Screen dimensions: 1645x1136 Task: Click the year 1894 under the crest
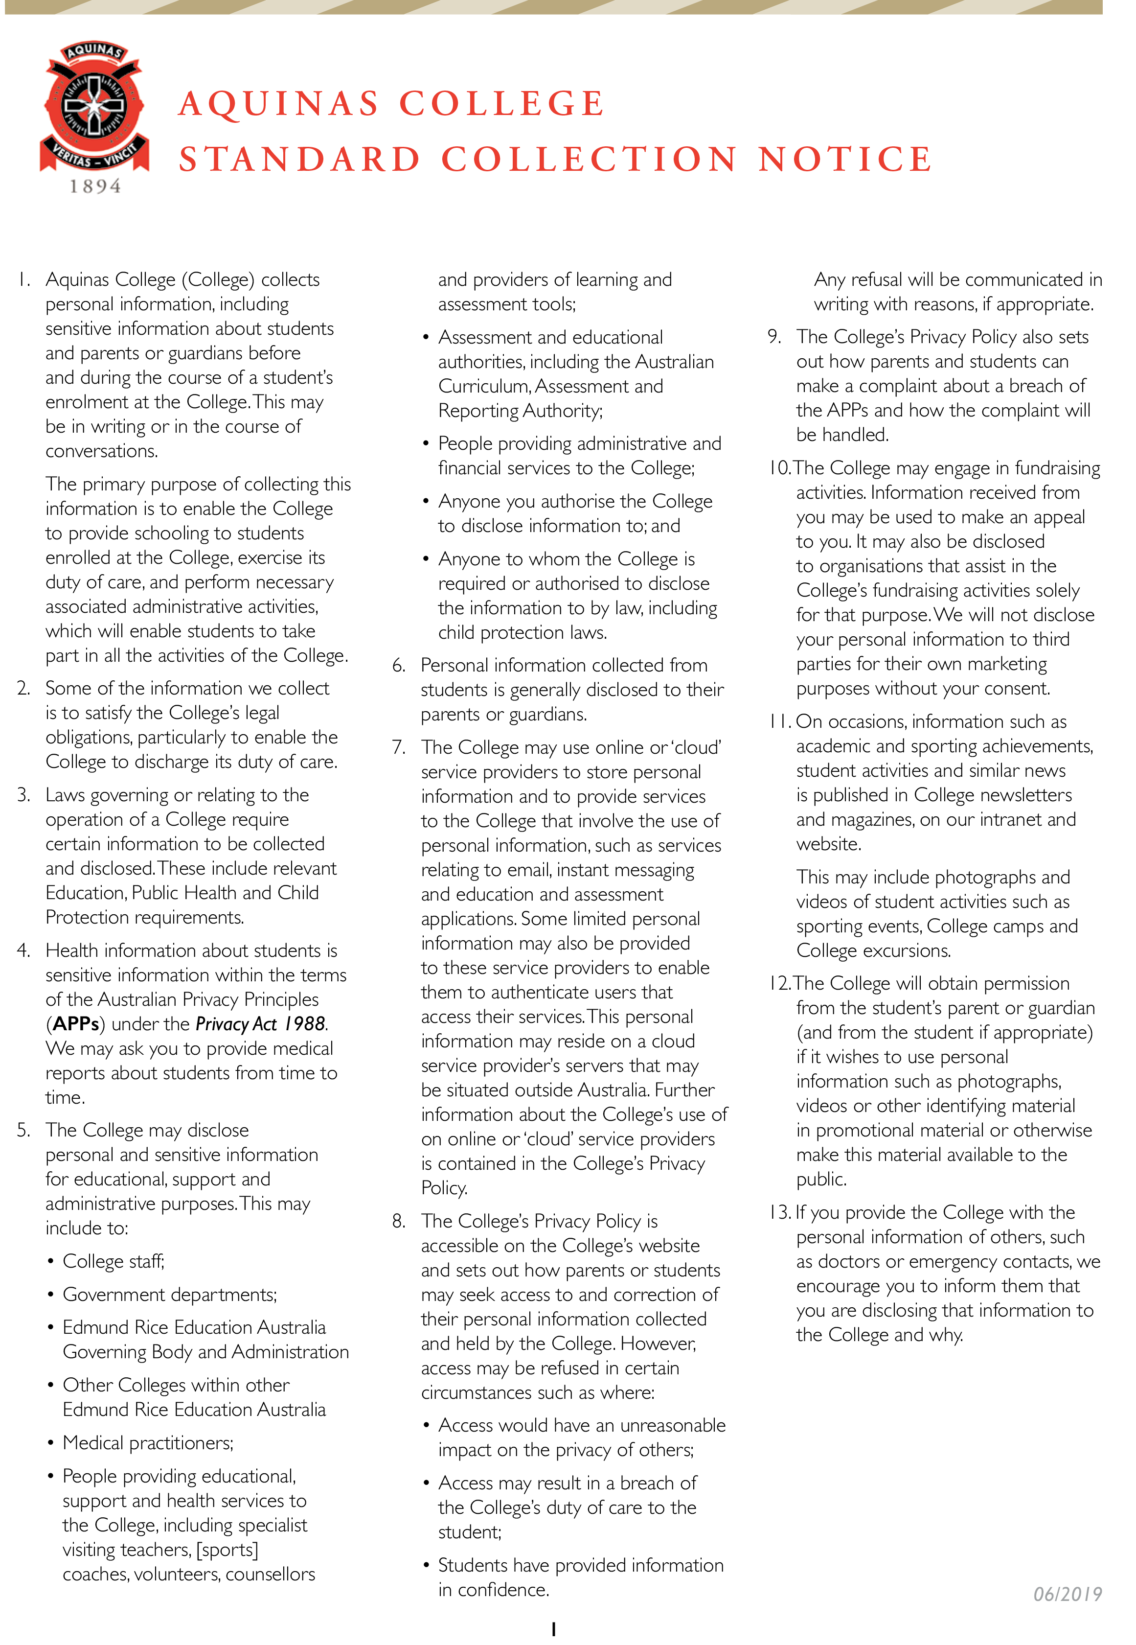95,186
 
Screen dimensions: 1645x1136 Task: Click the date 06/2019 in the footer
1067,1593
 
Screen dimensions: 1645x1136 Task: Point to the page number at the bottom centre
554,1629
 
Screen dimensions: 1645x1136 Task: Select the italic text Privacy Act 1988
260,1023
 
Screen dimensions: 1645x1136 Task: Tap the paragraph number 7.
399,747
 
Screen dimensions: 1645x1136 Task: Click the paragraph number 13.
779,1212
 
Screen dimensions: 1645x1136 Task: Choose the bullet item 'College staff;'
113,1261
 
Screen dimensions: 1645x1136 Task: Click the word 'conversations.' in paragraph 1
102,451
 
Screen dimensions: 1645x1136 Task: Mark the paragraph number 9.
774,336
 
